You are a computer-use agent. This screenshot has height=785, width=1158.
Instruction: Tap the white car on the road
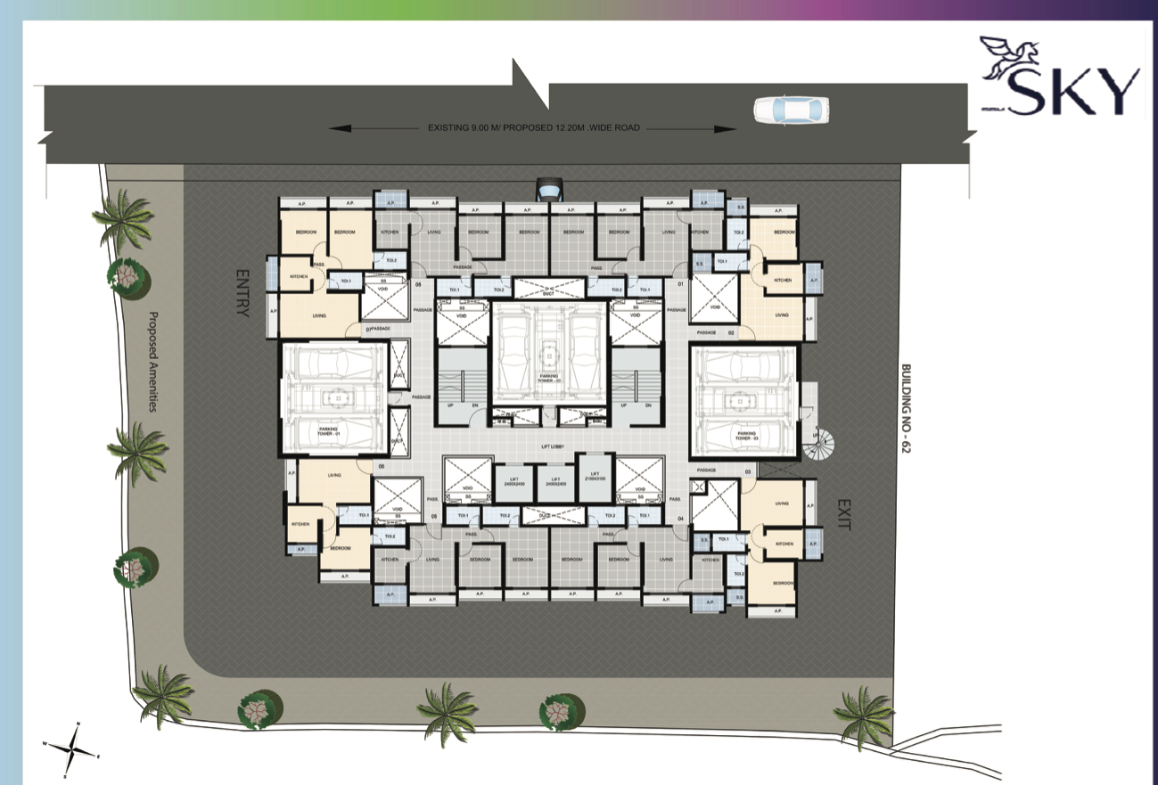(791, 110)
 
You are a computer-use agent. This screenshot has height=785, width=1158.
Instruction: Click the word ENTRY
(242, 293)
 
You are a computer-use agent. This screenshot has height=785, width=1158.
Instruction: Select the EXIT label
(844, 514)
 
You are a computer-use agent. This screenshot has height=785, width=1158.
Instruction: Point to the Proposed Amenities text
(152, 361)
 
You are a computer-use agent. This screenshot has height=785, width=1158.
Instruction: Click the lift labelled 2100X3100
(594, 477)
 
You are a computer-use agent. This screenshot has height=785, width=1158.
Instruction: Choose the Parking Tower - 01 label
(334, 432)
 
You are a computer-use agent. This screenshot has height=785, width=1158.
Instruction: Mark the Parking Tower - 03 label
(745, 436)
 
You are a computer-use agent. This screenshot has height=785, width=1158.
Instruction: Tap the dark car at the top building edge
(549, 189)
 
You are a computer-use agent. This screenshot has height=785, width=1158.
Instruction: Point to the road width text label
(533, 128)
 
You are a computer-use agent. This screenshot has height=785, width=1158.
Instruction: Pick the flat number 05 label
(433, 516)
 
